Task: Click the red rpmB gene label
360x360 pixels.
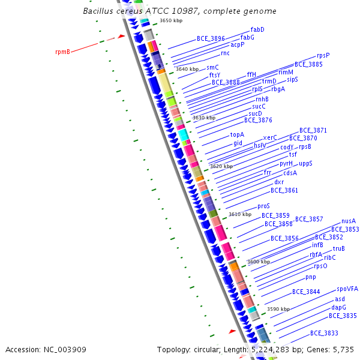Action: (x=62, y=52)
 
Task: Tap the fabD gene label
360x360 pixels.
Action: (x=257, y=29)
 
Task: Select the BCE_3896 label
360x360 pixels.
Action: (x=211, y=38)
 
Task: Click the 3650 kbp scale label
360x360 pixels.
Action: (x=171, y=21)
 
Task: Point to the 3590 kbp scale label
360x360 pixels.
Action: (x=278, y=309)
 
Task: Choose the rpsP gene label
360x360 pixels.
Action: (x=323, y=55)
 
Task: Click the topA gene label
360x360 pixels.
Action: (x=237, y=134)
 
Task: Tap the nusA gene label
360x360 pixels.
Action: (x=349, y=221)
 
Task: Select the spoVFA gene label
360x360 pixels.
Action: (x=347, y=289)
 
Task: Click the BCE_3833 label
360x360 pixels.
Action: (x=324, y=333)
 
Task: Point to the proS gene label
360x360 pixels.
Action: (x=263, y=206)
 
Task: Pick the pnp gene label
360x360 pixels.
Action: (x=310, y=277)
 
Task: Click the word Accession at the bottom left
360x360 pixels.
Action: (x=22, y=349)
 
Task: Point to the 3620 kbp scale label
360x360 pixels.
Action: (x=221, y=166)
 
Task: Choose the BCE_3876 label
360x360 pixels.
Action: (x=258, y=120)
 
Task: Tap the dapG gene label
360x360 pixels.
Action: (x=338, y=307)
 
